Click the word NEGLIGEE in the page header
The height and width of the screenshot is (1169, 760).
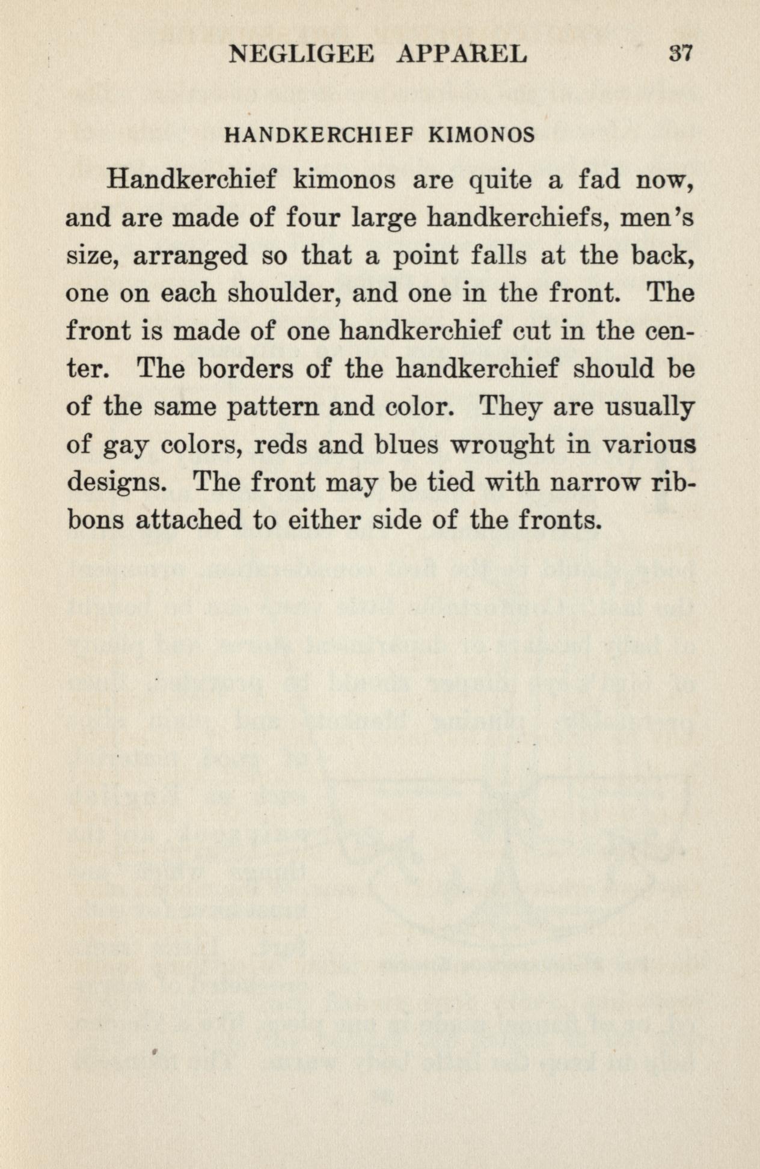coord(301,55)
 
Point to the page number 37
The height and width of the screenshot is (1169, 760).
coord(681,54)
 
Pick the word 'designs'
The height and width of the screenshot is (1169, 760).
coord(112,483)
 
